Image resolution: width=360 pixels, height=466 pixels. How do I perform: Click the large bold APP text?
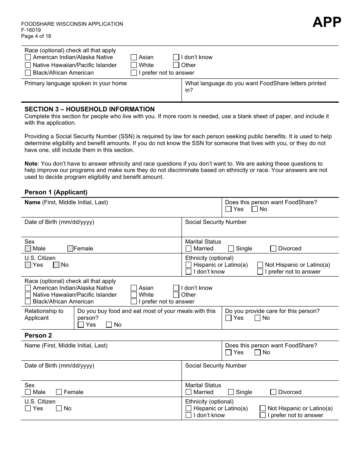pyautogui.click(x=327, y=22)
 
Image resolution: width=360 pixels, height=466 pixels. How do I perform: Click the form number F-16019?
pyautogui.click(x=31, y=30)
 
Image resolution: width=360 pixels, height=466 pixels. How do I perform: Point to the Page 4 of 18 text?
pyautogui.click(x=36, y=36)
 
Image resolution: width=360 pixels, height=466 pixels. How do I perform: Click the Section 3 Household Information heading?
pyautogui.click(x=89, y=109)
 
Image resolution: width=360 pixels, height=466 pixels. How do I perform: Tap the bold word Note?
pyautogui.click(x=31, y=164)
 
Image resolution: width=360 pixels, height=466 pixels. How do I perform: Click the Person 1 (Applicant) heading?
pyautogui.click(x=56, y=192)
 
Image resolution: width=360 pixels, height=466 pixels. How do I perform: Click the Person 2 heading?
pyautogui.click(x=38, y=335)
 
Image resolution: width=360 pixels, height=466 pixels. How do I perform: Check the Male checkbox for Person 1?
pyautogui.click(x=28, y=249)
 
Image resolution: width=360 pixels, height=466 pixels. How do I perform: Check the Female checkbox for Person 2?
pyautogui.click(x=59, y=392)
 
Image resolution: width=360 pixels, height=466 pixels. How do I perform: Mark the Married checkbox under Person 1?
pyautogui.click(x=188, y=249)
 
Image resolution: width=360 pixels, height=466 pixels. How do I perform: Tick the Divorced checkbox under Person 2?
pyautogui.click(x=273, y=392)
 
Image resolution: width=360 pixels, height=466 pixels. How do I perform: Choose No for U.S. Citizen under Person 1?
pyautogui.click(x=56, y=265)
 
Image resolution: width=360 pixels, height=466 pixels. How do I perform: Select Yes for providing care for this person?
pyautogui.click(x=228, y=318)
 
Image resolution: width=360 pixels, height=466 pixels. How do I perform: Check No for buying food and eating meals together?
pyautogui.click(x=109, y=325)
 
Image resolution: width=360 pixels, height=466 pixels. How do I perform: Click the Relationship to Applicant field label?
pyautogui.click(x=44, y=314)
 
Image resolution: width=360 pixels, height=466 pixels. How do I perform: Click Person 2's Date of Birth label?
pyautogui.click(x=59, y=366)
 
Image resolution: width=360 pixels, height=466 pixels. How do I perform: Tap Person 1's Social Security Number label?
pyautogui.click(x=216, y=222)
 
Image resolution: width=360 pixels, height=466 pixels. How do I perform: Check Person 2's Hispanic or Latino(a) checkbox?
pyautogui.click(x=188, y=408)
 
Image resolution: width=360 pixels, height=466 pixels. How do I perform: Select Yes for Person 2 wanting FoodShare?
pyautogui.click(x=228, y=352)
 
